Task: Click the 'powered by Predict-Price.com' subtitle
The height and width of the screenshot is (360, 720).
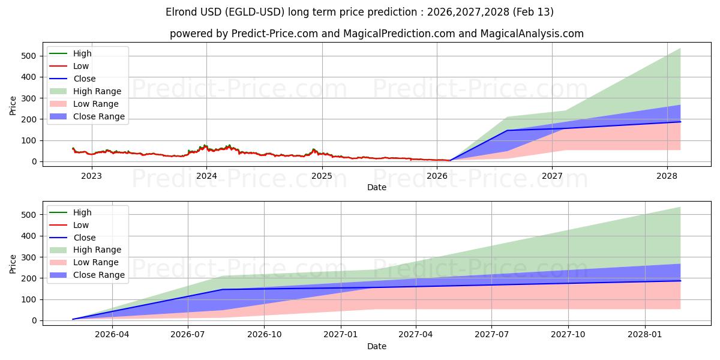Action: pos(376,34)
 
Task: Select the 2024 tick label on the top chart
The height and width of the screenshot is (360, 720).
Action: pos(206,176)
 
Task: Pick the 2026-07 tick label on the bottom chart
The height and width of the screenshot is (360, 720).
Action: pos(188,335)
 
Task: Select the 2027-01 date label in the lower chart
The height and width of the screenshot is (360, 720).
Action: pos(341,335)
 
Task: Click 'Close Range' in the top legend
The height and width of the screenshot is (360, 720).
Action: pos(99,116)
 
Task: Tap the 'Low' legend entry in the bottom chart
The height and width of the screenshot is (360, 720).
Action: pos(81,225)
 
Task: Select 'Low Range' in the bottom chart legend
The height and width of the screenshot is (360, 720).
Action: pos(96,262)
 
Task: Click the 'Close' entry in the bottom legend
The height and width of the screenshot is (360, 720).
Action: pos(84,238)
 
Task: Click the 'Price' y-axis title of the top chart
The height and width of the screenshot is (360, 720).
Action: pos(13,106)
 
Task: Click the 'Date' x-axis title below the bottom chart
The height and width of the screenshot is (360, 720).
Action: pos(376,346)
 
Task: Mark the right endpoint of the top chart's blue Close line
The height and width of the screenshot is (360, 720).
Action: pos(680,122)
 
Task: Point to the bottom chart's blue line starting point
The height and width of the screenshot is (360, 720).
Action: pos(73,319)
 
